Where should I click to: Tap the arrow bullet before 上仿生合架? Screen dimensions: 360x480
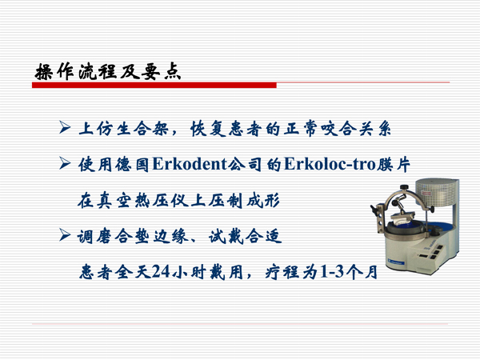coord(67,129)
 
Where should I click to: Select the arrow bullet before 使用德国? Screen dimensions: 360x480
coord(67,164)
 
